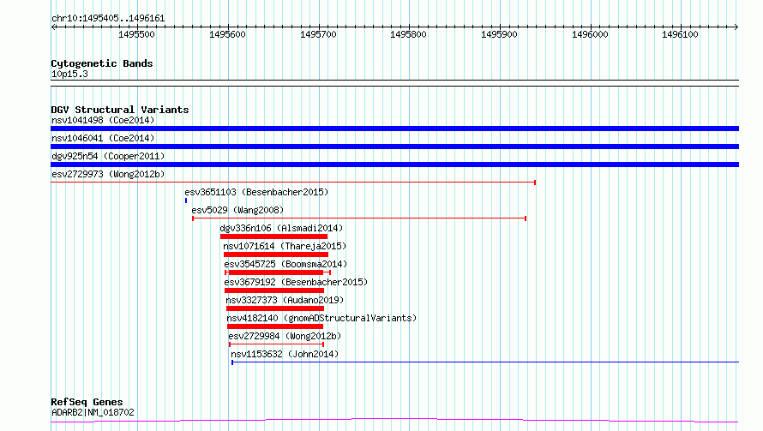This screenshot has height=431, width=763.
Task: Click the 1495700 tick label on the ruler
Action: [318, 34]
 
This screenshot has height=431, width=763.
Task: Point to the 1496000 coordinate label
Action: [590, 34]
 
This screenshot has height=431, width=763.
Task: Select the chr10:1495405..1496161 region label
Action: [108, 19]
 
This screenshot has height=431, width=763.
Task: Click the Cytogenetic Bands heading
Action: [102, 63]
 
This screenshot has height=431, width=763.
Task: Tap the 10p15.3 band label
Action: [69, 74]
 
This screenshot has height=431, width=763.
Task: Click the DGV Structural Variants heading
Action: [120, 110]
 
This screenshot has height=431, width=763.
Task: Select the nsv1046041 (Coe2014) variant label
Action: [103, 138]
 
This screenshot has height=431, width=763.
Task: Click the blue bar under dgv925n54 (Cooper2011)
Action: [394, 165]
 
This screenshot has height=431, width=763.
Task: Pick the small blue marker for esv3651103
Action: [186, 201]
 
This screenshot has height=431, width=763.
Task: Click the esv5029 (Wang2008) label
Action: [237, 210]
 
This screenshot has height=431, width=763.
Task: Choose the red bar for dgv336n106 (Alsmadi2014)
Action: [273, 236]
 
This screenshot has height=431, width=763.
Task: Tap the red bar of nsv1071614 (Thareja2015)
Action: [276, 254]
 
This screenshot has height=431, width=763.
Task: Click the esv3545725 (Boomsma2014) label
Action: [285, 264]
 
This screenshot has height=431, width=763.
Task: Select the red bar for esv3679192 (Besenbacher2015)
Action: [274, 290]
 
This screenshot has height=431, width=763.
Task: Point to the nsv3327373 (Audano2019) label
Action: [285, 300]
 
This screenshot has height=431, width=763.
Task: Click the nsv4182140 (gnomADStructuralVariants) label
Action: [321, 318]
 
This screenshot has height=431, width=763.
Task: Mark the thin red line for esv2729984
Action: [276, 344]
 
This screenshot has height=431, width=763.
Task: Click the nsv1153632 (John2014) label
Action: [285, 354]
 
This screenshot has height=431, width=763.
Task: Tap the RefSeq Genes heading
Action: [87, 402]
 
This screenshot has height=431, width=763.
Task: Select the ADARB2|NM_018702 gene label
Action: [93, 412]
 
